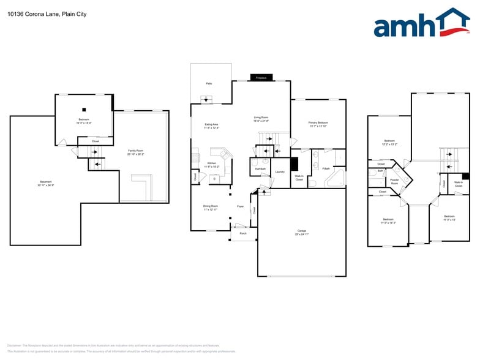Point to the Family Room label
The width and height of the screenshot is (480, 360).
[135, 152]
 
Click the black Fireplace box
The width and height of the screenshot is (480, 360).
[261, 78]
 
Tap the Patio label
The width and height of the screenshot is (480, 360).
[209, 83]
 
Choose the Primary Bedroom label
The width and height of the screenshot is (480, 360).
[318, 124]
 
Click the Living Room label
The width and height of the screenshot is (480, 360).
[261, 118]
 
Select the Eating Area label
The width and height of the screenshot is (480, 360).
[211, 126]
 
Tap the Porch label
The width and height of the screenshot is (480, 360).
[243, 233]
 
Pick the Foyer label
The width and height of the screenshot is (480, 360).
[241, 206]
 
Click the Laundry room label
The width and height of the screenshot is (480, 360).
[280, 172]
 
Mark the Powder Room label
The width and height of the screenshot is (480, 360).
[394, 181]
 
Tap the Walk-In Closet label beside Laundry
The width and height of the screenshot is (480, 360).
[299, 178]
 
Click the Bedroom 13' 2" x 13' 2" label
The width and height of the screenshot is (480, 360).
[389, 142]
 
